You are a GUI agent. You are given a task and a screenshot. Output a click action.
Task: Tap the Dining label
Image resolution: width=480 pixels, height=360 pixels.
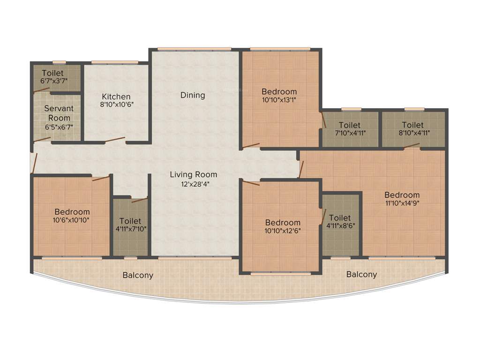193,95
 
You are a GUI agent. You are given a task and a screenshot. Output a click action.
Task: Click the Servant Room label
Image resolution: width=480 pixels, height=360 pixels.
59,113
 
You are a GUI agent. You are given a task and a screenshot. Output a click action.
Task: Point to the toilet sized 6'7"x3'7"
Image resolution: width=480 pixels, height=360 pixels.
54,77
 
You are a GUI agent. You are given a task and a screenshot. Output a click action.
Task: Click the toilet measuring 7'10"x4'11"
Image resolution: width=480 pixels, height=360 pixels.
349,129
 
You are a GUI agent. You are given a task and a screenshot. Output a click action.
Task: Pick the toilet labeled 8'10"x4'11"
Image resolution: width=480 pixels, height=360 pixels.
412,129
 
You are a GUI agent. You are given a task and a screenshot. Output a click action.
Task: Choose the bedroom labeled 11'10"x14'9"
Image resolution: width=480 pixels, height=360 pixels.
402,199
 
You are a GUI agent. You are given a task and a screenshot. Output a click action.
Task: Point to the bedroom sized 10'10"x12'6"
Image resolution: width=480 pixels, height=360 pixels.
282,226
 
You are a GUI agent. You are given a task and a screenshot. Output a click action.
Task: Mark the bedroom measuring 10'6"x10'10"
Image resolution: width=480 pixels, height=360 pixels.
72,216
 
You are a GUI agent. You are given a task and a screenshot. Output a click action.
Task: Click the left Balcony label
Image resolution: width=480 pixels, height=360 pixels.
138,275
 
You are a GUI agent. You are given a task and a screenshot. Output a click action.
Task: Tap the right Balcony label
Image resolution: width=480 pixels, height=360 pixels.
361,274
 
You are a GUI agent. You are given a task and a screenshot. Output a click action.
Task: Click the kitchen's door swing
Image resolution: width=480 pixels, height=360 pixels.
115,139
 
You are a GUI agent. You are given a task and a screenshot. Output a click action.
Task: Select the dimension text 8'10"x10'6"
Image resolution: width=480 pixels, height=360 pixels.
117,105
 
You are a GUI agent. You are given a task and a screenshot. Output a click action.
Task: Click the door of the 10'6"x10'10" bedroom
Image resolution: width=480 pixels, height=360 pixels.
101,178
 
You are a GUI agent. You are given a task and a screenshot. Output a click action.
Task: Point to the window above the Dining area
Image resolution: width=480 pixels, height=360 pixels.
194,49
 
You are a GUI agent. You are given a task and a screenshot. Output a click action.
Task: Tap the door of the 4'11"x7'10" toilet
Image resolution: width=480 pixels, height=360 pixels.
139,200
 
